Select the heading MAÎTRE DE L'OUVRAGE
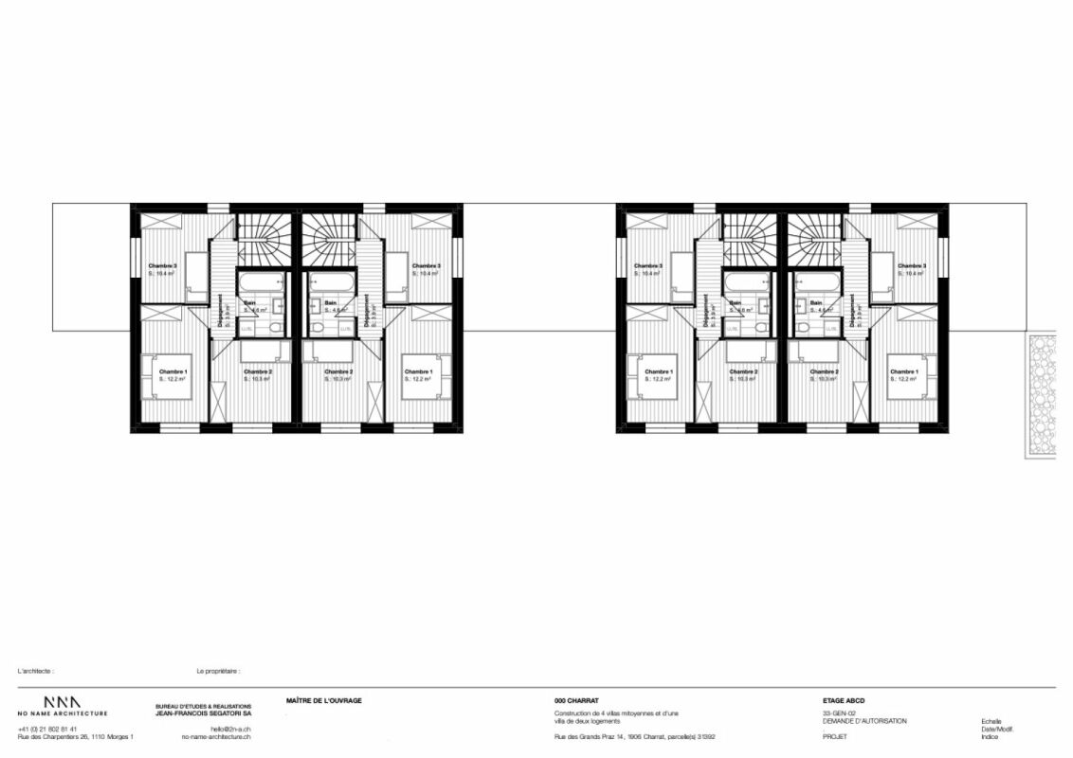[x=323, y=701]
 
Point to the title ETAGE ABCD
[x=844, y=701]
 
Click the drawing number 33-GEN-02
[x=839, y=713]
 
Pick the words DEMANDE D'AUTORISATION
[x=864, y=721]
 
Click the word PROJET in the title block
[x=834, y=736]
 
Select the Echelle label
[x=991, y=721]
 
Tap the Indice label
[x=990, y=736]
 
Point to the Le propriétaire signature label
[x=218, y=670]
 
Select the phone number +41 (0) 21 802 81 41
[x=47, y=729]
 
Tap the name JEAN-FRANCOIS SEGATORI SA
[x=203, y=713]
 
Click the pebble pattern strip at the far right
[x=1042, y=395]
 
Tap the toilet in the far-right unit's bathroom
[x=802, y=327]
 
